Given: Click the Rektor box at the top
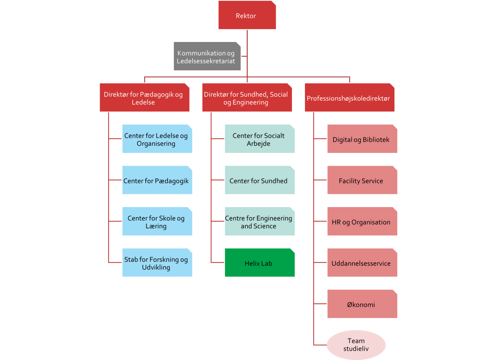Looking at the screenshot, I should [247, 15].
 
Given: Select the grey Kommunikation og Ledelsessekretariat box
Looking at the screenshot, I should [207, 57].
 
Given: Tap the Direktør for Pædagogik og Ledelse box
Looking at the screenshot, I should [145, 98].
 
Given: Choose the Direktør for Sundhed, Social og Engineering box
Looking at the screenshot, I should [247, 98].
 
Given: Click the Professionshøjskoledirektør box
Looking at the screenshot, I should [349, 98].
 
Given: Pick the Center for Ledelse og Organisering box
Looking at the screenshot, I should [157, 139].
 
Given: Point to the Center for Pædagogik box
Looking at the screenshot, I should [157, 181].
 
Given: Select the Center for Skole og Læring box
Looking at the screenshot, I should [157, 222].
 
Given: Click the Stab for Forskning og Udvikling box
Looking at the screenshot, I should [157, 263].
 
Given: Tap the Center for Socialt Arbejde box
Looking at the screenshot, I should [259, 139].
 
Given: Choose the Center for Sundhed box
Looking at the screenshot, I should [259, 181].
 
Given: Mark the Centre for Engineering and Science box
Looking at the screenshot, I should [259, 222].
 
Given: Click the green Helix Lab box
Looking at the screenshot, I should [259, 263].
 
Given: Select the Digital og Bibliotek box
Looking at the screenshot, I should [362, 139].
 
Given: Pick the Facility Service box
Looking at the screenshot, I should [362, 181].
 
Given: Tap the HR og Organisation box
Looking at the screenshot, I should [362, 222].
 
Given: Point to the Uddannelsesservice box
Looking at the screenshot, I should [362, 263].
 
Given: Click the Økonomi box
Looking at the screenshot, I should [362, 304].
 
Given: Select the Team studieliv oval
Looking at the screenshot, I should [356, 345].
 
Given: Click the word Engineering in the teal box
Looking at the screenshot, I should [274, 218].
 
